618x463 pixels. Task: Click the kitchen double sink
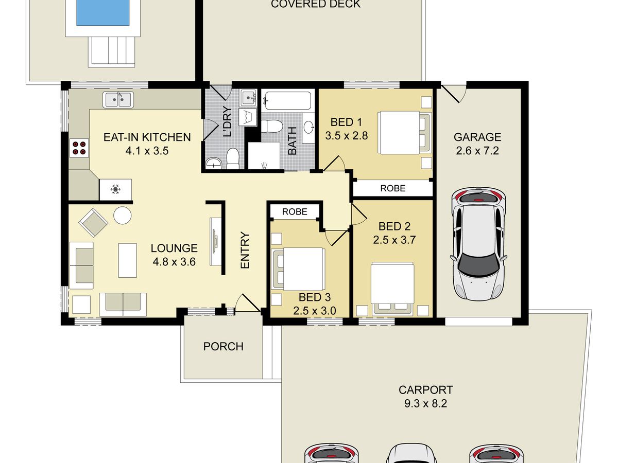click(x=118, y=99)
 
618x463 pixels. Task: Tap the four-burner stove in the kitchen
click(x=79, y=148)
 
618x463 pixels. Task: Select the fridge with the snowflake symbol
click(x=115, y=189)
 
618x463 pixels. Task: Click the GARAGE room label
click(x=477, y=137)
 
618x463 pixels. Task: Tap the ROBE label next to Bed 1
click(x=393, y=188)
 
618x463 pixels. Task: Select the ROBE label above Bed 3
click(x=295, y=211)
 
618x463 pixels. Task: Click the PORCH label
click(x=224, y=346)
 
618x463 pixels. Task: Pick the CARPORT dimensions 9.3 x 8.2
click(x=425, y=403)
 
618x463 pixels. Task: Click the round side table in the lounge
click(x=122, y=216)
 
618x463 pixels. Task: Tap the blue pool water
click(x=103, y=13)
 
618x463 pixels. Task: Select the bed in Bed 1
click(x=405, y=133)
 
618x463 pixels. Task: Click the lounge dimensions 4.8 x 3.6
click(x=174, y=262)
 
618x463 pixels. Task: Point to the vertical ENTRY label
click(x=245, y=250)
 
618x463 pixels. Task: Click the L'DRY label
click(x=228, y=121)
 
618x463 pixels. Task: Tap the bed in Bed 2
click(x=392, y=289)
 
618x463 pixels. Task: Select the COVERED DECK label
click(x=316, y=4)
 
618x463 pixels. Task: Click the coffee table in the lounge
click(x=128, y=261)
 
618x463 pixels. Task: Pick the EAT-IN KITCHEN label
click(x=147, y=137)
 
